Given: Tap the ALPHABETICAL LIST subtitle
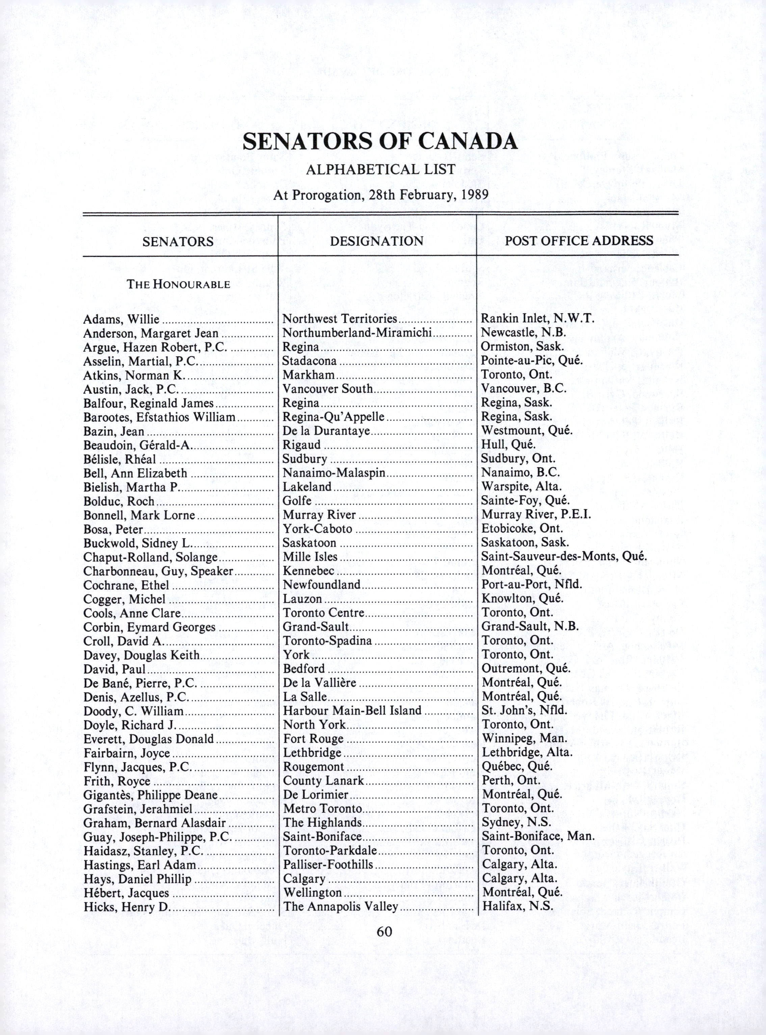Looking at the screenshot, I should [380, 170].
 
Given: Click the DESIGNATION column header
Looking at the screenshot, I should [376, 241].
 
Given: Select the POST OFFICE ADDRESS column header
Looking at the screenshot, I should [579, 241].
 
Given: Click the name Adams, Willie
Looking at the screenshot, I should [122, 319].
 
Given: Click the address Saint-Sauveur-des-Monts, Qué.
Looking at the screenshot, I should [564, 557].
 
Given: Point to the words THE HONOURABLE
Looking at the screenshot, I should [179, 284].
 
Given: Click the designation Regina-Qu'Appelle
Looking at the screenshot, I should [334, 417].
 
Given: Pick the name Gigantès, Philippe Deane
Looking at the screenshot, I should [151, 795].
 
